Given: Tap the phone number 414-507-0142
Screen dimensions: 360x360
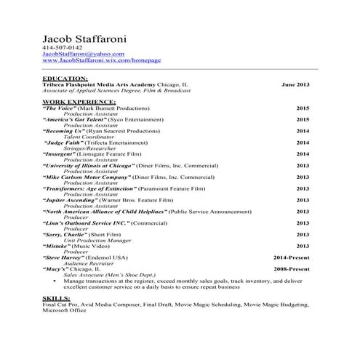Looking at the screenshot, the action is pos(63,48).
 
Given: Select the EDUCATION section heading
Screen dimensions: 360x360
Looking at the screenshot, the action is pos(65,78).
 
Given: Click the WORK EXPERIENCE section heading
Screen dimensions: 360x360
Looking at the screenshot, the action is pos(75,102).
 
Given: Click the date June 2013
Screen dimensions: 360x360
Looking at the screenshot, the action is pos(295,84).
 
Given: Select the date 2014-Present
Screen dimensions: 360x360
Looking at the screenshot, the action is pos(291,257).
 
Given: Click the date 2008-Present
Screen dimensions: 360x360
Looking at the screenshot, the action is pos(291,269).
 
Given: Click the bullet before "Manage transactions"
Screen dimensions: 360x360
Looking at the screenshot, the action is pos(57,281).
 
